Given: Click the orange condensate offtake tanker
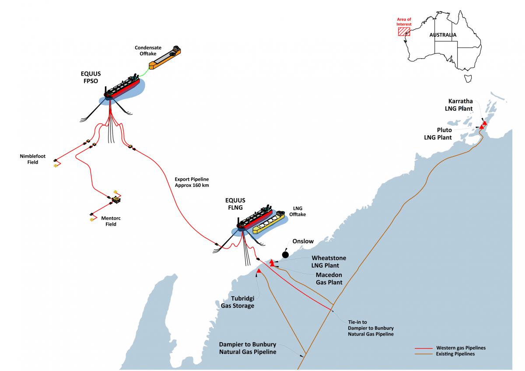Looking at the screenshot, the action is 165,57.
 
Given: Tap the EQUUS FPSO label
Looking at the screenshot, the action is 91,77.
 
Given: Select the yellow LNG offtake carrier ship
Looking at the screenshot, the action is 269,222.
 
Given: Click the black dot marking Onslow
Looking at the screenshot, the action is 285,255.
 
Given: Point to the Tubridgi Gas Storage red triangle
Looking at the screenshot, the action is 259,271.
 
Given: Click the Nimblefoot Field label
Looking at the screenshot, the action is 32,159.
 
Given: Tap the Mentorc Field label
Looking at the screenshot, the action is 111,221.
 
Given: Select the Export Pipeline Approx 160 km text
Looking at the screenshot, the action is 192,182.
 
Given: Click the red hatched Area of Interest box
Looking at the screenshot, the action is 404,31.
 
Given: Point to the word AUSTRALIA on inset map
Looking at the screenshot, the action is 443,35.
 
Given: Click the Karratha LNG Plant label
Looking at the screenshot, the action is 458,105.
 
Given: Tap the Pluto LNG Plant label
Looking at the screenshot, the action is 438,133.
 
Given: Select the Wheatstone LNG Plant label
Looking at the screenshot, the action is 329,262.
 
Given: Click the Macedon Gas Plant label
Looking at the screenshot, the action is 329,278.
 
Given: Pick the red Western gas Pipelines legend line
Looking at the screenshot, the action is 423,349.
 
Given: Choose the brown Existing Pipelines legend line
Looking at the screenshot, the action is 423,354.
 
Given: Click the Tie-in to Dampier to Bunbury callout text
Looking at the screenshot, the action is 371,328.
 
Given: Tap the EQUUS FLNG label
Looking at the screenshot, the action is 235,204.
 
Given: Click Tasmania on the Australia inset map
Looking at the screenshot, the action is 468,78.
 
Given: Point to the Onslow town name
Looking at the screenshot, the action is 303,241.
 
